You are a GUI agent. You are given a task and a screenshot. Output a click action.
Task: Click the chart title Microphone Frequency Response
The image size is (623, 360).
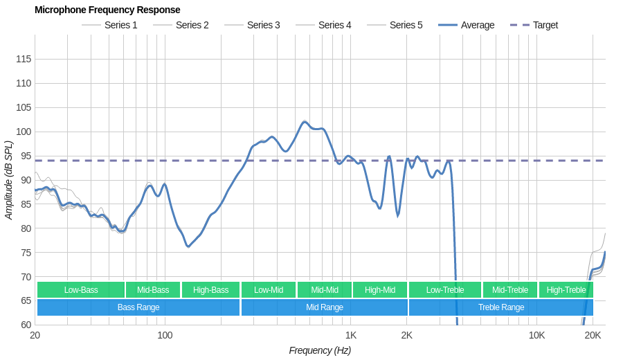pos(107,10)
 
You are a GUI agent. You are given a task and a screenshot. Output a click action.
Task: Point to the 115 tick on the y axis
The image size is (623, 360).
pos(24,59)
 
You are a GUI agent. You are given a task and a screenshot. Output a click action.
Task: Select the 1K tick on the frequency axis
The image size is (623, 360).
pos(351,335)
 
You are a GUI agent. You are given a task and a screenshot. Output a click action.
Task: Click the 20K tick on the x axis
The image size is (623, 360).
pos(593,335)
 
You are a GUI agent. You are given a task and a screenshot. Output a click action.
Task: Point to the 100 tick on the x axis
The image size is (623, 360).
pos(165,335)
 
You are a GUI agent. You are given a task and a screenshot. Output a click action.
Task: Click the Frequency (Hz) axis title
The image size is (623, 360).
pos(320,350)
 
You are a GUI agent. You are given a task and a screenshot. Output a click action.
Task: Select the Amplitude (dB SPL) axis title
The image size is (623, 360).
pos(8,180)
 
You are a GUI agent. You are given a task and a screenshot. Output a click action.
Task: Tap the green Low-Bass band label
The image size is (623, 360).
pos(81,290)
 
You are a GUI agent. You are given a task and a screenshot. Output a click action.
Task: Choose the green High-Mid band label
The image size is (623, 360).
pos(380,290)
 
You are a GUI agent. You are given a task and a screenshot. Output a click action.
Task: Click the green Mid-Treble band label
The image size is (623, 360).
pos(510,290)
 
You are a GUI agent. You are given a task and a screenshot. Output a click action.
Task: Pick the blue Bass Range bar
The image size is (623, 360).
pos(138,307)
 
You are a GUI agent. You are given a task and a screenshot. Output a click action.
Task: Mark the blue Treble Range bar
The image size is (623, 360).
pos(501,307)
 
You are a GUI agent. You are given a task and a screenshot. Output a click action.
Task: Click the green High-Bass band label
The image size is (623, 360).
pos(210,290)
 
